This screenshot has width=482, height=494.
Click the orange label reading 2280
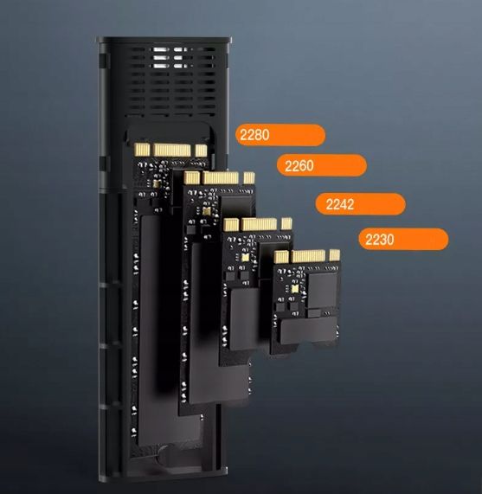point(280,135)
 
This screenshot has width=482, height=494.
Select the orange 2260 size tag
point(320,165)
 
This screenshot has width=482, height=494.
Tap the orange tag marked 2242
point(360,204)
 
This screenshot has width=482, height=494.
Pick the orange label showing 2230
point(403,240)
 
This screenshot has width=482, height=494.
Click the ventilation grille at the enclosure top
point(164,78)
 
